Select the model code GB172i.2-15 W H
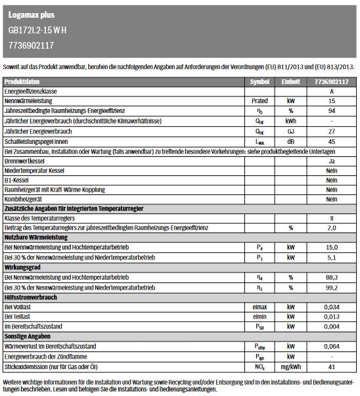click(x=37, y=30)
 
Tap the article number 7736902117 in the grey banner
click(x=32, y=45)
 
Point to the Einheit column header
click(x=290, y=82)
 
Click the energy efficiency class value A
click(x=332, y=92)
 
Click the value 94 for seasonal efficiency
click(x=332, y=112)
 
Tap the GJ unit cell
click(x=290, y=131)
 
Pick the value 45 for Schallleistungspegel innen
click(x=332, y=141)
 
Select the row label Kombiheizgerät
click(x=25, y=199)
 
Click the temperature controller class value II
click(x=332, y=218)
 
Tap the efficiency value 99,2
click(x=332, y=287)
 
